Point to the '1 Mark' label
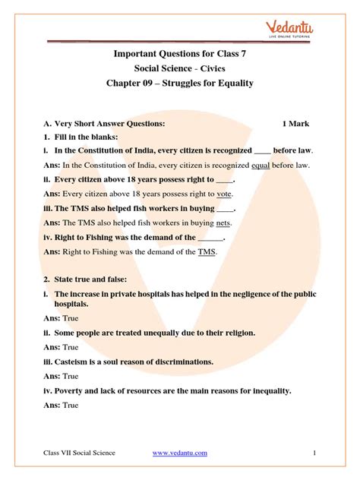[x=295, y=123]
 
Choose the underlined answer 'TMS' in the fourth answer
[x=207, y=251]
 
